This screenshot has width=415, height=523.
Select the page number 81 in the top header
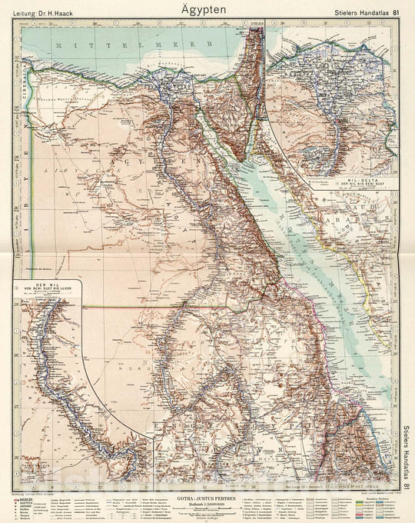pos(396,10)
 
